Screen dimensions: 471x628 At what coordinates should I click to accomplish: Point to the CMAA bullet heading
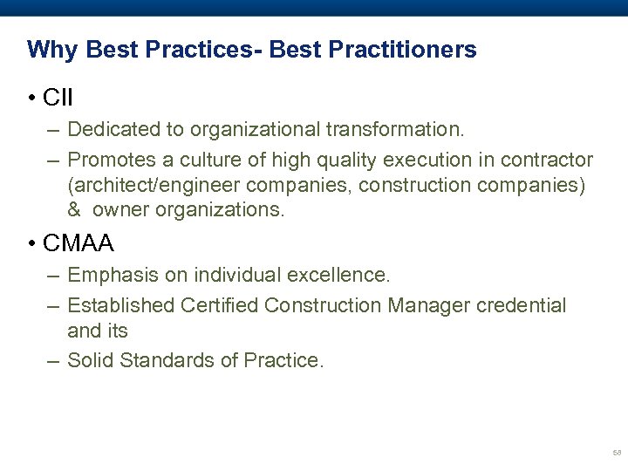click(x=78, y=243)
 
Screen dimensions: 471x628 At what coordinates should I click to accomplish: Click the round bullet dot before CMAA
click(x=31, y=244)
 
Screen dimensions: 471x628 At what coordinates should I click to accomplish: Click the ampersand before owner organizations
click(x=74, y=210)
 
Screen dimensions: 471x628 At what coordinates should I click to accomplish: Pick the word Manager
click(x=432, y=305)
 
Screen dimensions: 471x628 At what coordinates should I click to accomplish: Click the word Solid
click(x=90, y=359)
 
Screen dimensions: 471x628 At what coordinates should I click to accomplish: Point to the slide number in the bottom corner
click(x=616, y=453)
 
